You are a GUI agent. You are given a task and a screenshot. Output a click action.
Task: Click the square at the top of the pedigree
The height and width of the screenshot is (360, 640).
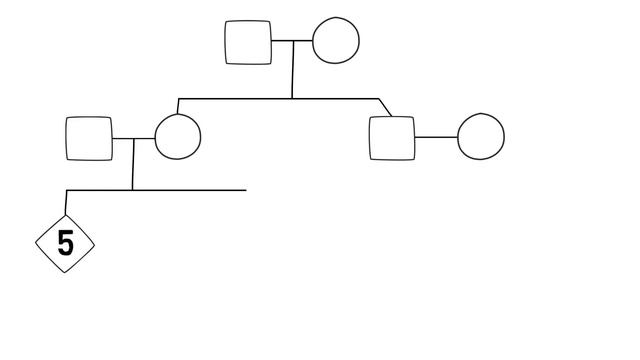[x=248, y=42]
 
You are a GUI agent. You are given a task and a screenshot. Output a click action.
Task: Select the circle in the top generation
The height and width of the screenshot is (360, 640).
[x=335, y=41]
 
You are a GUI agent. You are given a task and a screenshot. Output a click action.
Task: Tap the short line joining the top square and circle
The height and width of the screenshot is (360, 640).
[x=291, y=42]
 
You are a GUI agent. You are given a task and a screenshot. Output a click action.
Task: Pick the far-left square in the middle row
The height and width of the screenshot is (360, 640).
[x=89, y=139]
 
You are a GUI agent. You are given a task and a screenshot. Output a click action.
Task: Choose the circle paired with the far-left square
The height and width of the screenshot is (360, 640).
[x=177, y=138]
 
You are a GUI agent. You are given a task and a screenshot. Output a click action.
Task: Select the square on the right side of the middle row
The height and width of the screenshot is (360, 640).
[x=392, y=138]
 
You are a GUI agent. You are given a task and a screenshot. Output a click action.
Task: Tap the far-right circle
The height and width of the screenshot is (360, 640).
[x=481, y=137]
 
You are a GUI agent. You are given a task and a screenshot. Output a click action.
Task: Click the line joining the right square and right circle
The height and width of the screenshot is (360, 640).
[x=436, y=137]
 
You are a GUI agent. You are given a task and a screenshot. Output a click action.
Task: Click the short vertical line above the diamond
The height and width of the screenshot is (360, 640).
[x=66, y=202]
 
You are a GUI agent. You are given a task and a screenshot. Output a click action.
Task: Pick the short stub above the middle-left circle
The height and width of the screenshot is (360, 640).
[x=178, y=106]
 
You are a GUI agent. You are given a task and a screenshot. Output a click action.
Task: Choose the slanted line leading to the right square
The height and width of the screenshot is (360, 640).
[x=386, y=108]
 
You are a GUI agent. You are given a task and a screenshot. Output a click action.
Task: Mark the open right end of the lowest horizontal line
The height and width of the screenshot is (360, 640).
[x=244, y=189]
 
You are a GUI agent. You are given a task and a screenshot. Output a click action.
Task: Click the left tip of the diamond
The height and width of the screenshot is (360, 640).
[x=38, y=244]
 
